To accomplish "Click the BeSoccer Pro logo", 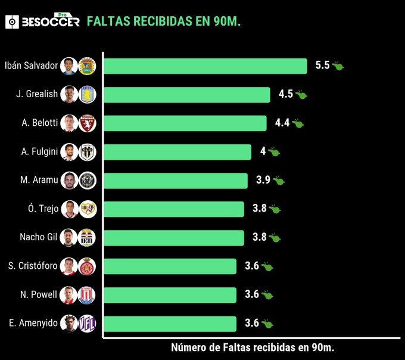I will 42,21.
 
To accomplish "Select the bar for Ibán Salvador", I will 205,66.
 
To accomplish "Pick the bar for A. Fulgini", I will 177,152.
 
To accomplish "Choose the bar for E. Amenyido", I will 170,324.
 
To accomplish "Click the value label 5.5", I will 322,66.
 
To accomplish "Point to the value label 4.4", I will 282,123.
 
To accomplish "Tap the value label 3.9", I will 263,180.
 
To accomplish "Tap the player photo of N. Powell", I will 68,295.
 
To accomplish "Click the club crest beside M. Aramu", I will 87,181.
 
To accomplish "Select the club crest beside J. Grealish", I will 87,95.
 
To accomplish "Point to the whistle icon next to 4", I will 274,152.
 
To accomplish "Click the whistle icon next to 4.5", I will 301,95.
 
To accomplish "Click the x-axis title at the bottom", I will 257,347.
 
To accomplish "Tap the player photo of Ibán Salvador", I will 68,66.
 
